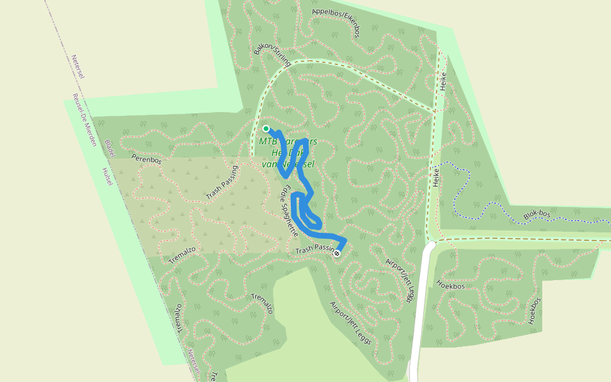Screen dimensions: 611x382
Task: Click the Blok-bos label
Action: click(537, 215)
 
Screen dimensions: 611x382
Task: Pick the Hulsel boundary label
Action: click(106, 176)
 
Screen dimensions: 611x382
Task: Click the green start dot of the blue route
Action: click(266, 129)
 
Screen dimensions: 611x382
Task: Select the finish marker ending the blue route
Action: click(337, 253)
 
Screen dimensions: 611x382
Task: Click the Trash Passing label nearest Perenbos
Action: click(222, 183)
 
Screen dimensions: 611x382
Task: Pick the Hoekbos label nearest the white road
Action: click(451, 286)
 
